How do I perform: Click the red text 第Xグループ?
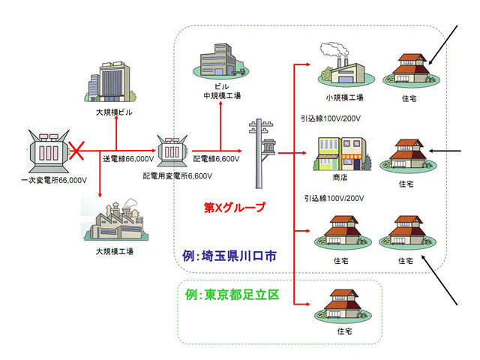(235, 207)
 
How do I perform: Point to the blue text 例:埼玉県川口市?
(230, 256)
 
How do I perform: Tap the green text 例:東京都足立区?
(231, 294)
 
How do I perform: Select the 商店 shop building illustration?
(344, 154)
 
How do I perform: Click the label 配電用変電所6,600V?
(178, 175)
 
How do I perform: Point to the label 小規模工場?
(344, 97)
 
